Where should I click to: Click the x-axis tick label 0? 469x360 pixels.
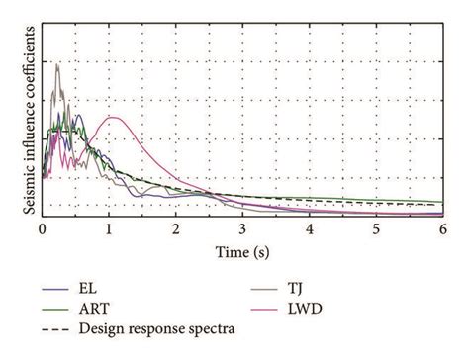click(43, 229)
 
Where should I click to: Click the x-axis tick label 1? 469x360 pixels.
click(109, 229)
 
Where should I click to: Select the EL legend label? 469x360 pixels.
click(87, 290)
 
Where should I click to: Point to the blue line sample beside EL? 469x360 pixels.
click(54, 290)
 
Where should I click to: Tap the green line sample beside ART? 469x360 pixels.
click(54, 308)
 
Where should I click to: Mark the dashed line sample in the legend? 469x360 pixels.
click(54, 325)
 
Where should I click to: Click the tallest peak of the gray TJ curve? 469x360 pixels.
click(57, 64)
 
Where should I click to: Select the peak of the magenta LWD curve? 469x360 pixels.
click(115, 118)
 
